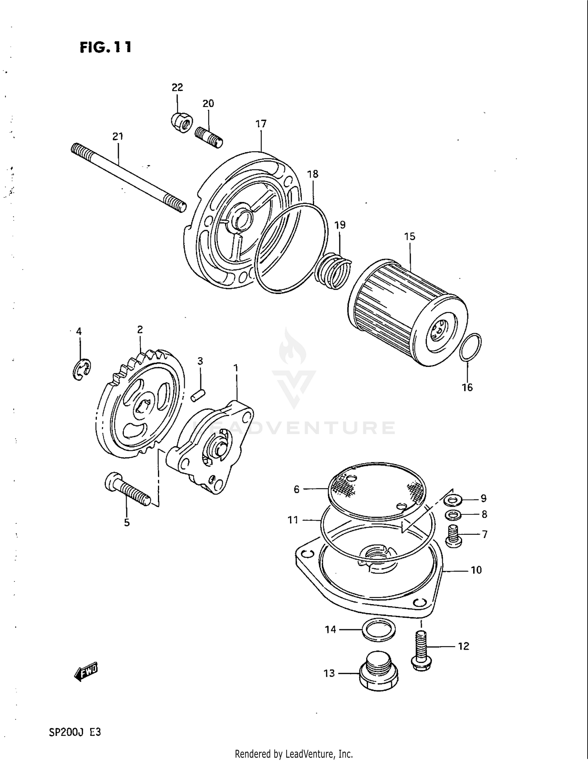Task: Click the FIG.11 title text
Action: [105, 47]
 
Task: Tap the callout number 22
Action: [177, 87]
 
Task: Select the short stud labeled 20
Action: [209, 137]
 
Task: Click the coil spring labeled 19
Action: [334, 271]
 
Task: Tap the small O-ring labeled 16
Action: [470, 347]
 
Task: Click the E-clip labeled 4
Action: [81, 369]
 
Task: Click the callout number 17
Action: [261, 124]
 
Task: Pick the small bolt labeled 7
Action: [454, 536]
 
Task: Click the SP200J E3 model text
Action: [74, 732]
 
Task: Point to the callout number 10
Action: [476, 570]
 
